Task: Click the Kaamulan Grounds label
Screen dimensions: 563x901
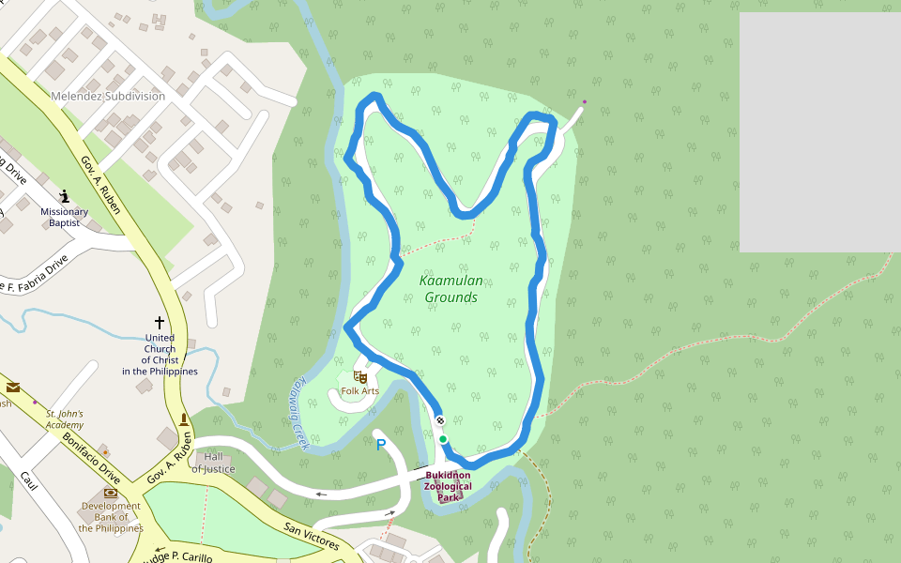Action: (x=451, y=289)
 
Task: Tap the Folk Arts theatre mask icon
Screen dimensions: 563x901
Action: (x=359, y=377)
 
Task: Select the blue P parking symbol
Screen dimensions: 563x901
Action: (x=381, y=445)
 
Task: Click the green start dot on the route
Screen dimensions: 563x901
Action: (x=443, y=439)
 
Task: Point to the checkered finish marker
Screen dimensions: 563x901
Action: (x=439, y=421)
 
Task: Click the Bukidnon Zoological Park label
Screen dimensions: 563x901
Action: (x=448, y=486)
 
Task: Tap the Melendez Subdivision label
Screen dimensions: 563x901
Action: (x=108, y=97)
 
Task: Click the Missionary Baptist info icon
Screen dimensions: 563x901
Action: (x=64, y=196)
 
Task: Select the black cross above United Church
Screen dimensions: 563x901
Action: (x=160, y=323)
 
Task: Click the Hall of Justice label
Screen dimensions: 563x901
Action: (x=213, y=463)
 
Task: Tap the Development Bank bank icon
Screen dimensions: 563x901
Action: (x=111, y=493)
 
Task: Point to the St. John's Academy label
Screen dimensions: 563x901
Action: (x=65, y=418)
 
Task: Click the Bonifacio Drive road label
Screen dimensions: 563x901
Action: (x=91, y=451)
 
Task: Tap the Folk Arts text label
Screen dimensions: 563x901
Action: (x=359, y=391)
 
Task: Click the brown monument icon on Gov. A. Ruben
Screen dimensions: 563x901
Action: (x=183, y=418)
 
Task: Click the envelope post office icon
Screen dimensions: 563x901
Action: (x=13, y=387)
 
